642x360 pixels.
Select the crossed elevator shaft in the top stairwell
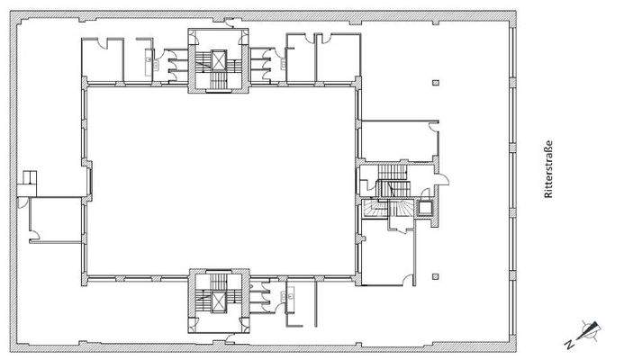click(x=216, y=60)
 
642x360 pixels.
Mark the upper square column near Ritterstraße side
click(x=435, y=84)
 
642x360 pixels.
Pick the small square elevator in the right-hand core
click(x=424, y=205)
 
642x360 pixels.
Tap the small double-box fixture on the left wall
click(x=30, y=180)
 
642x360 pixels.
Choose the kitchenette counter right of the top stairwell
click(x=289, y=61)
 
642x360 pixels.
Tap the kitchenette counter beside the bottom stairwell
click(x=290, y=294)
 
